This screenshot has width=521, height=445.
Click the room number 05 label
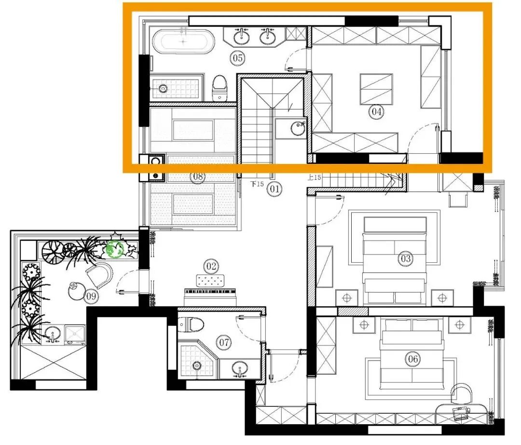coord(237,58)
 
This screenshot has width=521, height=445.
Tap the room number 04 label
coord(376,111)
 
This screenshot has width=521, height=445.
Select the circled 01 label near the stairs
coord(274,189)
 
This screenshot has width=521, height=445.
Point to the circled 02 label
coord(211,266)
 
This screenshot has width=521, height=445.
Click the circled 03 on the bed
coord(405,258)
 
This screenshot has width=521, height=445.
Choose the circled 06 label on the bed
coord(412,359)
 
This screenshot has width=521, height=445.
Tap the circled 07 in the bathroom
coord(224,342)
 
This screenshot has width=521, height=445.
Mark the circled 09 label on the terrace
coord(91,296)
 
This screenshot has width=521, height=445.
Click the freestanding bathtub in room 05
coord(183,41)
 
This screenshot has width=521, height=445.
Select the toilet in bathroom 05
coord(219,88)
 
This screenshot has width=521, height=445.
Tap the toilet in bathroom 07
coord(191,325)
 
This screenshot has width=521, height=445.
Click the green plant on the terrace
coord(115,249)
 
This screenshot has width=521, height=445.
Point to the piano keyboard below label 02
coord(210,291)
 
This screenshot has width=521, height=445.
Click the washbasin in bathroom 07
coord(240,369)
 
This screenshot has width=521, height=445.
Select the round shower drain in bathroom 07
coord(197,366)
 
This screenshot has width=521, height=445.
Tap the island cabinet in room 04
coord(376,89)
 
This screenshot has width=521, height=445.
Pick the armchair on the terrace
coord(99,275)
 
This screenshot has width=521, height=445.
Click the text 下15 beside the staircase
coord(257,184)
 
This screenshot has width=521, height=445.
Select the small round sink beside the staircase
coord(298,128)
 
